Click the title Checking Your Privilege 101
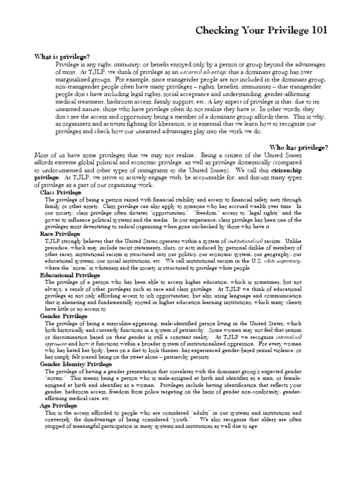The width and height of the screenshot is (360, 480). tap(261, 31)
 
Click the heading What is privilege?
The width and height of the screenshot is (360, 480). tap(61, 56)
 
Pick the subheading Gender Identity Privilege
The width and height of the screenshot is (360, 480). tap(76, 364)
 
